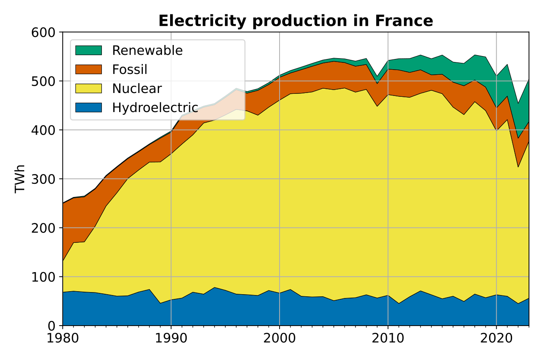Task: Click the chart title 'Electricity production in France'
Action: click(296, 21)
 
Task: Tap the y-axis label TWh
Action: click(20, 179)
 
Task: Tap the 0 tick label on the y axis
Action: click(52, 326)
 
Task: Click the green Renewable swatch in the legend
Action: click(89, 51)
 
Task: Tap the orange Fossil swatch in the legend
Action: click(89, 70)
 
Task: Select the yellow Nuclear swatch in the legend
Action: click(89, 88)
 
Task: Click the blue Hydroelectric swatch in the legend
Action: click(89, 107)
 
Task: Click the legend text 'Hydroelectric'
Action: click(155, 107)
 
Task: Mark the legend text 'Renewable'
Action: click(147, 51)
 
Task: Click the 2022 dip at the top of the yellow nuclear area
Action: click(518, 167)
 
